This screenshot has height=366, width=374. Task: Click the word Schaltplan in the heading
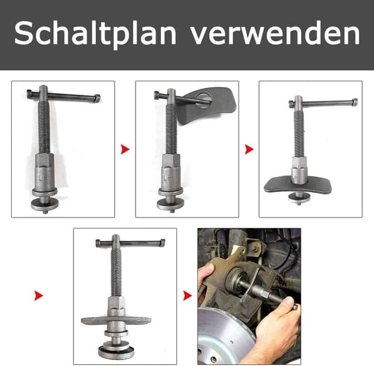coord(96,34)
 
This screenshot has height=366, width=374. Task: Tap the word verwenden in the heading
coord(275,34)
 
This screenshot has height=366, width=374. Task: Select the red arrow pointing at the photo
coord(188,295)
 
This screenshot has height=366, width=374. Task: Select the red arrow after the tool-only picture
coord(125,149)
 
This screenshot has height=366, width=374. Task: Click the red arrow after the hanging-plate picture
coord(250,149)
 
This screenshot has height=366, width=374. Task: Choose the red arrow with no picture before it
coord(39,295)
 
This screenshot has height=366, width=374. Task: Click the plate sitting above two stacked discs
coord(115,320)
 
